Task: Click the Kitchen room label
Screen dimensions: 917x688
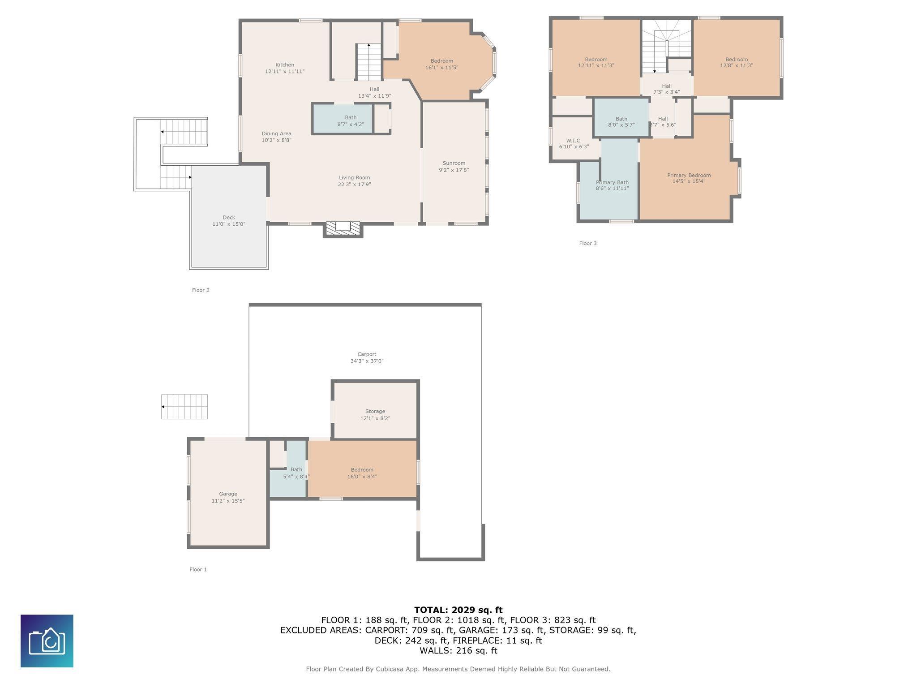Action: pos(285,65)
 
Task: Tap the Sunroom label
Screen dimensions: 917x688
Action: pos(454,163)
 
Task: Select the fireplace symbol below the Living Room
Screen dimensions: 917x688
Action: pos(343,228)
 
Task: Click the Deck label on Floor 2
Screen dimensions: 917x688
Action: pos(229,218)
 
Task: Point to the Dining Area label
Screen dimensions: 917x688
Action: pos(276,133)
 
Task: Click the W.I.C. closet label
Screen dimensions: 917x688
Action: pos(574,141)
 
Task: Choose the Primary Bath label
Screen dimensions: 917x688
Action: pos(612,182)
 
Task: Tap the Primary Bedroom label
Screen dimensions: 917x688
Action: pos(689,175)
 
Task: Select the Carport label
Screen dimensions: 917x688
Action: pos(367,354)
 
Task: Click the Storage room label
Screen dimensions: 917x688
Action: pos(375,411)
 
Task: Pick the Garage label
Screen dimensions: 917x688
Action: pos(228,494)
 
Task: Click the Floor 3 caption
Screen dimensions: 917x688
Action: pos(588,244)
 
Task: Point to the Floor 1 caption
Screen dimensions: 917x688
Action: pos(198,570)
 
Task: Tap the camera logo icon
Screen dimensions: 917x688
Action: pos(47,641)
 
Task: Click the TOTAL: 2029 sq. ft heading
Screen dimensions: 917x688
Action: pos(458,610)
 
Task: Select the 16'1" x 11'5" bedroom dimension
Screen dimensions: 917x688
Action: pos(441,68)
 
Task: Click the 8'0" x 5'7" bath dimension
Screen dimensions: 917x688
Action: pos(621,125)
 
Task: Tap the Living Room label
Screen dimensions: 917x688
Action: pos(354,177)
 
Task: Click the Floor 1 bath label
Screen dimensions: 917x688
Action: pos(296,469)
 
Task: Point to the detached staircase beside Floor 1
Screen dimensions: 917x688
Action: pos(184,407)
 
